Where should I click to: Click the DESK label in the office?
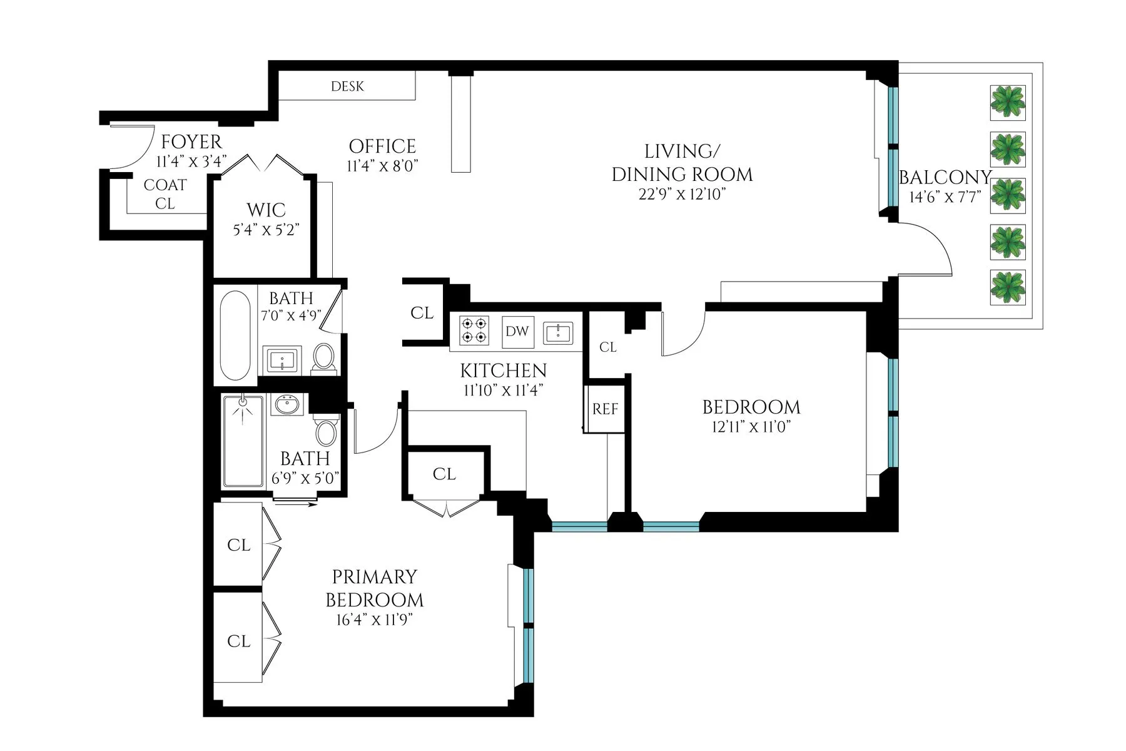347,86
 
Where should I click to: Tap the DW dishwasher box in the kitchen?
517,331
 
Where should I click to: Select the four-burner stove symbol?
474,330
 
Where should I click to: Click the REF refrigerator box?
605,409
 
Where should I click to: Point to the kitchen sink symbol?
557,332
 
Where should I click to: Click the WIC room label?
266,210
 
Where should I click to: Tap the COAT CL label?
165,194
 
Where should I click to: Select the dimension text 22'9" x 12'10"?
682,194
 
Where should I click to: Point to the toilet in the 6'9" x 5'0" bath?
325,432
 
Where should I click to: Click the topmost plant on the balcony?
1008,103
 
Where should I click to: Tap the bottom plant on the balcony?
1008,287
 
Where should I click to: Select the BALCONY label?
945,178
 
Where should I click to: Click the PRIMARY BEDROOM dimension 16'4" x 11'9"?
375,620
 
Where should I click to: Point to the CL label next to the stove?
422,313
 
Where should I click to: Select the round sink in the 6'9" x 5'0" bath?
287,404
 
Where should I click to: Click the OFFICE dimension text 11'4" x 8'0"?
382,166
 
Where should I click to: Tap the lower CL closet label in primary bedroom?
238,641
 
